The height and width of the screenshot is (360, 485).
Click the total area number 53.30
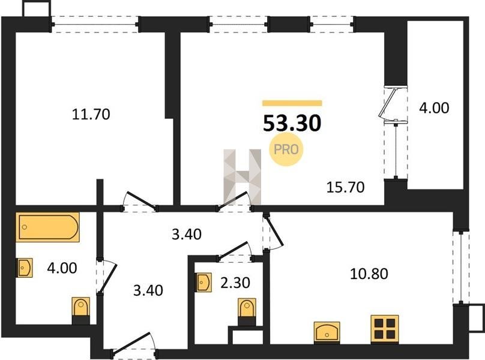(x=292, y=123)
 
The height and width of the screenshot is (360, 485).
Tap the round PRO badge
(x=286, y=149)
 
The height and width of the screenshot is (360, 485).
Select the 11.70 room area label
(x=91, y=115)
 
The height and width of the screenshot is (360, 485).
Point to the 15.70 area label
(x=346, y=187)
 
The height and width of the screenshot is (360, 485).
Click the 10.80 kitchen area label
(x=369, y=274)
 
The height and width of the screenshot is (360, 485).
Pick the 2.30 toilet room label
(x=235, y=283)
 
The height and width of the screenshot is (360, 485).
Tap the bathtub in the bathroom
(x=47, y=227)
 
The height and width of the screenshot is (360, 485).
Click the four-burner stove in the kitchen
(x=385, y=329)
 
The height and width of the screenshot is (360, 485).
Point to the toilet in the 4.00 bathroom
(x=81, y=311)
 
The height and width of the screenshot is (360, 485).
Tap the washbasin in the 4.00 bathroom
(x=25, y=268)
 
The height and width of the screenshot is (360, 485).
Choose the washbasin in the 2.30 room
(x=203, y=283)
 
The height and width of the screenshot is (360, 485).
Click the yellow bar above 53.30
(x=292, y=103)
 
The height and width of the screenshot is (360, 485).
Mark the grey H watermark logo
(x=242, y=176)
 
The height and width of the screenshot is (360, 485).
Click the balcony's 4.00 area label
(x=434, y=108)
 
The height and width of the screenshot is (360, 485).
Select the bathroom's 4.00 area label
(x=62, y=268)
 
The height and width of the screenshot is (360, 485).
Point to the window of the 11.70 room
(x=95, y=24)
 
